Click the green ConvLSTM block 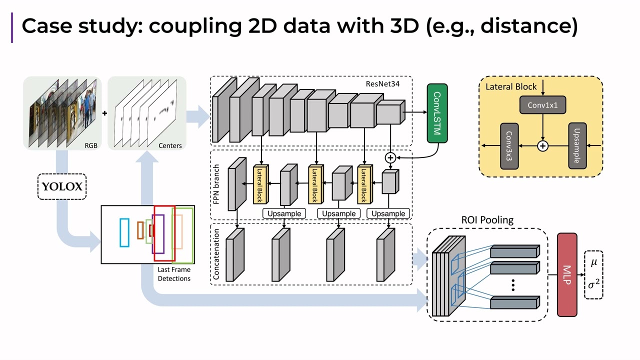click(437, 113)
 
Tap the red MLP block click(567, 274)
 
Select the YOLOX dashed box click(62, 186)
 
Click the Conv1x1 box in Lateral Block click(542, 105)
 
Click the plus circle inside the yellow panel click(542, 146)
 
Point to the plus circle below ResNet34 click(390, 157)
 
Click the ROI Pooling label click(487, 220)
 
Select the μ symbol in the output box click(594, 263)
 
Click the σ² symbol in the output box click(593, 284)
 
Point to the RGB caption click(91, 145)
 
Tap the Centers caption click(170, 145)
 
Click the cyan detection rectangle click(124, 232)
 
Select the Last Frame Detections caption click(174, 274)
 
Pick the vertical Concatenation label click(216, 254)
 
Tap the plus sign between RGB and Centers click(104, 113)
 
